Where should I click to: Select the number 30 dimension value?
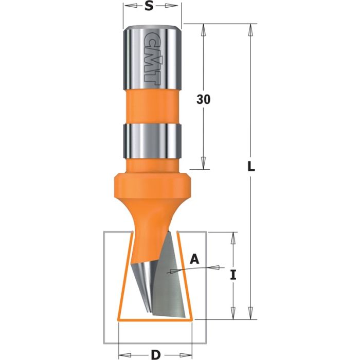coord(204,100)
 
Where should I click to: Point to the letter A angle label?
coord(194,259)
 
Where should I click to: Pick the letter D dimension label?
coord(155,354)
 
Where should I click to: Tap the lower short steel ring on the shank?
coord(152,140)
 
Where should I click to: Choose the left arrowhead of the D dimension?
coord(122,354)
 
